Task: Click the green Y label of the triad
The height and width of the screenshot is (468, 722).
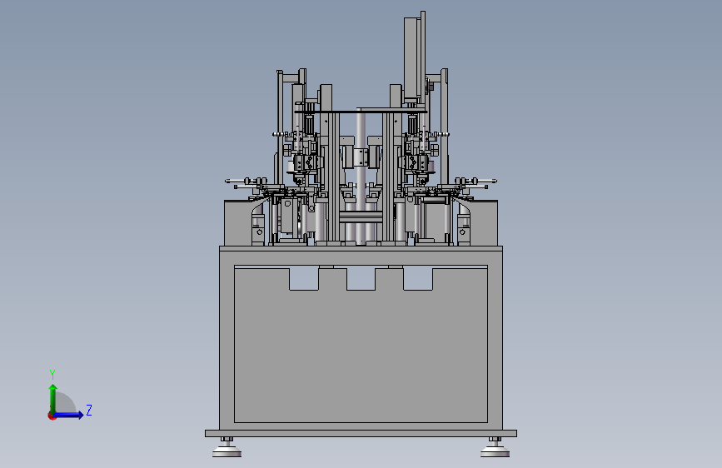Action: click(x=52, y=374)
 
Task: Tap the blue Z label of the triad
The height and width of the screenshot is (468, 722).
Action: click(x=89, y=410)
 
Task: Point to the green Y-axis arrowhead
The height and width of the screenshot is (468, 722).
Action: click(x=53, y=388)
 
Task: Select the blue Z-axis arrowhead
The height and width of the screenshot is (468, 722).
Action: click(x=80, y=415)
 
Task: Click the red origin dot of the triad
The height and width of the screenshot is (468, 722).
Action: click(x=52, y=416)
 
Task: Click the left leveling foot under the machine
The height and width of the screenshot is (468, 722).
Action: click(x=227, y=448)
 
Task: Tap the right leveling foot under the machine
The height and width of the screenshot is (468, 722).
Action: click(x=495, y=448)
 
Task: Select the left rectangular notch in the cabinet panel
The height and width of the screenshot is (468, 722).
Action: click(x=304, y=279)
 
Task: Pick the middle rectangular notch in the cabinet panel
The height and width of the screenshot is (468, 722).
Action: click(x=361, y=279)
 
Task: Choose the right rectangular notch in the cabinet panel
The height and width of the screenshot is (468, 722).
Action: click(x=418, y=279)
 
